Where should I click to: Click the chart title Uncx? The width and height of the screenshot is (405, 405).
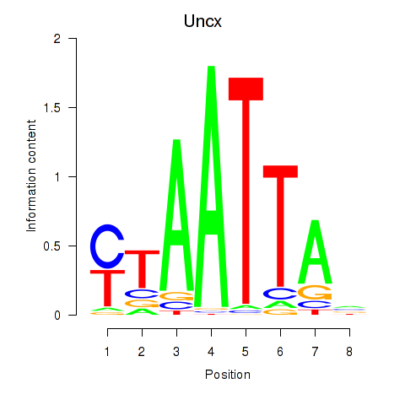(x=202, y=21)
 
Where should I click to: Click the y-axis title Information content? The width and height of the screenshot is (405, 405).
(x=31, y=175)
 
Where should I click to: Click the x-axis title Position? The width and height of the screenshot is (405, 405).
(x=228, y=375)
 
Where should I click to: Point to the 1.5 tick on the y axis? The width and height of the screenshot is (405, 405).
(x=73, y=107)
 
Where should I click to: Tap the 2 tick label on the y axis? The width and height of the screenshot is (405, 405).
(x=57, y=39)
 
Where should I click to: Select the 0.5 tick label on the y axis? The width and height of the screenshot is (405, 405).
(x=52, y=246)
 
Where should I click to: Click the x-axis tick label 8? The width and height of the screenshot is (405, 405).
(x=349, y=352)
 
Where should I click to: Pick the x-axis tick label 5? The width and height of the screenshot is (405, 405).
(x=246, y=352)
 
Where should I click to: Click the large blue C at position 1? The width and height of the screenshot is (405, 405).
(x=107, y=246)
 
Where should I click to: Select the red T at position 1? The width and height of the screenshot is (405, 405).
(x=107, y=288)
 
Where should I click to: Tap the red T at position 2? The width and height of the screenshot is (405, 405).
(x=142, y=268)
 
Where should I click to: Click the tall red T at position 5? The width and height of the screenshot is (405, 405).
(x=246, y=191)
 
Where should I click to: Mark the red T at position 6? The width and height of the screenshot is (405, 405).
(x=280, y=226)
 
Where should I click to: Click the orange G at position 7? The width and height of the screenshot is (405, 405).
(x=315, y=292)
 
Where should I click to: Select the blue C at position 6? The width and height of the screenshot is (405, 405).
(x=280, y=294)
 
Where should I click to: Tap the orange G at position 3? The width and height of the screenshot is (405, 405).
(x=176, y=296)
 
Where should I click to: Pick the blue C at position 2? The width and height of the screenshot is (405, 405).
(x=142, y=294)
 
